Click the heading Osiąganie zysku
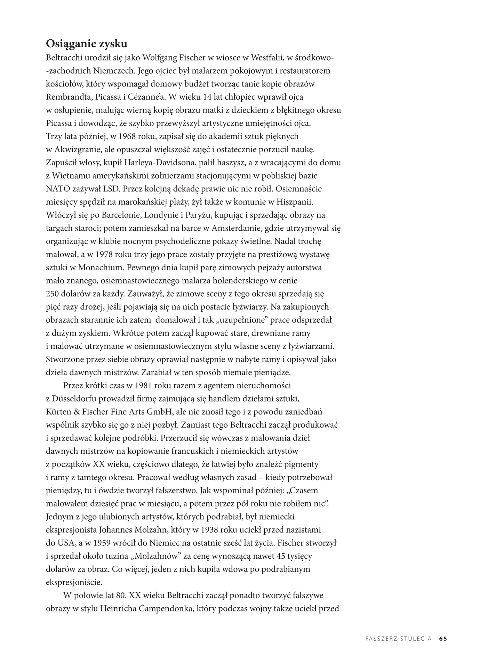pos(87,44)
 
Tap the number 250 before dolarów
pos(53,294)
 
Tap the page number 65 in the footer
pos(443,638)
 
